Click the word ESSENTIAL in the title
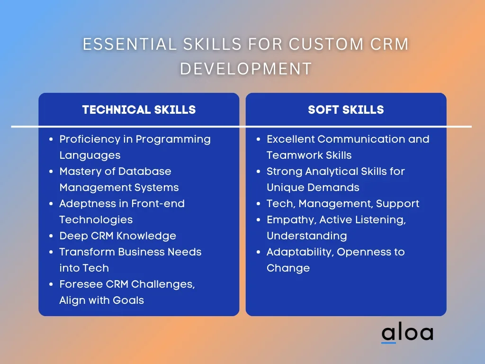click(x=130, y=44)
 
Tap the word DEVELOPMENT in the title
click(x=246, y=68)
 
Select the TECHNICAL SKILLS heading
click(x=139, y=109)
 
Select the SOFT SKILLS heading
click(x=346, y=109)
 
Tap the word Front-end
click(x=158, y=203)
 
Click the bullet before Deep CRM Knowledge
click(x=51, y=236)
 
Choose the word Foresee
click(x=81, y=284)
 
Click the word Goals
click(x=128, y=300)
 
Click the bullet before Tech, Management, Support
click(x=259, y=204)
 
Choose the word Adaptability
click(x=300, y=252)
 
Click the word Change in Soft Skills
click(x=288, y=268)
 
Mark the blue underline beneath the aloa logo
click(x=388, y=343)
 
